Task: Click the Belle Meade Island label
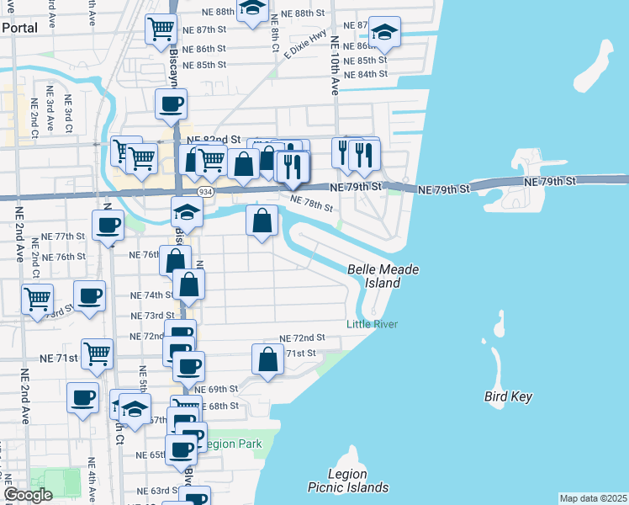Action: pos(383,276)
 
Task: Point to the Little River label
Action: pos(372,325)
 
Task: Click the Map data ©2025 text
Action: pos(593,498)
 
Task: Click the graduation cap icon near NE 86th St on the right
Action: pos(384,32)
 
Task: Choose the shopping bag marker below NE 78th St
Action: pos(262,221)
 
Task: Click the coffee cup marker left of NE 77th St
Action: pos(108,225)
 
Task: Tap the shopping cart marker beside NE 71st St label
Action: pos(98,353)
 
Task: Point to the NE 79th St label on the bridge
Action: pos(550,181)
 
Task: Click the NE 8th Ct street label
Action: pos(275,40)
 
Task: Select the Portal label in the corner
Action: pos(19,27)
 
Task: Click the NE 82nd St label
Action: pos(214,140)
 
